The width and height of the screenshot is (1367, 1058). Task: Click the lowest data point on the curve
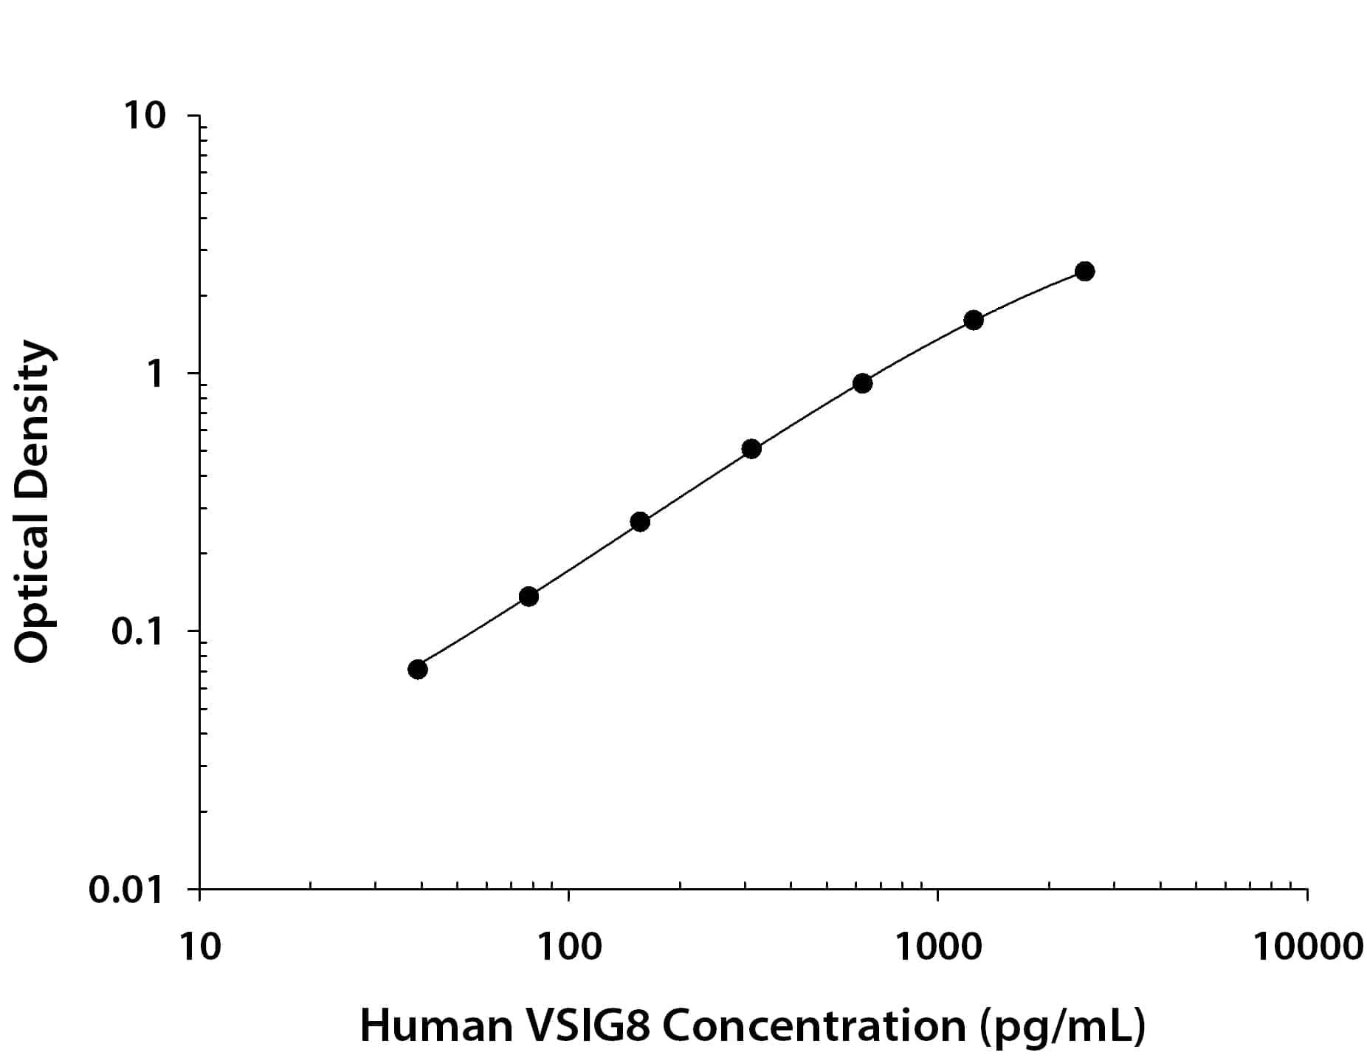click(417, 669)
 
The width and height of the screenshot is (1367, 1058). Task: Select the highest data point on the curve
click(1084, 271)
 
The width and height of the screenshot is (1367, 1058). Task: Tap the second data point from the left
click(528, 596)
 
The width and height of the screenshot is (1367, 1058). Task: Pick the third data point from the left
click(640, 521)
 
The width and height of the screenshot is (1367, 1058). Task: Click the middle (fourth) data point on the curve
click(751, 448)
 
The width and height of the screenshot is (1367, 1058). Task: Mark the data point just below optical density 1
click(862, 382)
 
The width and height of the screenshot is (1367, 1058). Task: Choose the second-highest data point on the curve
click(974, 320)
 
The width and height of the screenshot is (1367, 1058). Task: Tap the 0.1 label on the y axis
click(137, 632)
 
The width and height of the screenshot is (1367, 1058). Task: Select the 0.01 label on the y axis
click(125, 890)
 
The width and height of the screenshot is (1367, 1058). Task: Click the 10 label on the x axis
click(199, 947)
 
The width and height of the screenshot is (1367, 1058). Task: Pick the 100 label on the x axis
click(568, 947)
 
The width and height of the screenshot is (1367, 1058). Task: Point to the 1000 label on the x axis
click(937, 947)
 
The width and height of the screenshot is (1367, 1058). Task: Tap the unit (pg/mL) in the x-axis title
click(1062, 1027)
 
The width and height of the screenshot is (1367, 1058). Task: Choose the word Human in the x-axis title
click(435, 1026)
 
